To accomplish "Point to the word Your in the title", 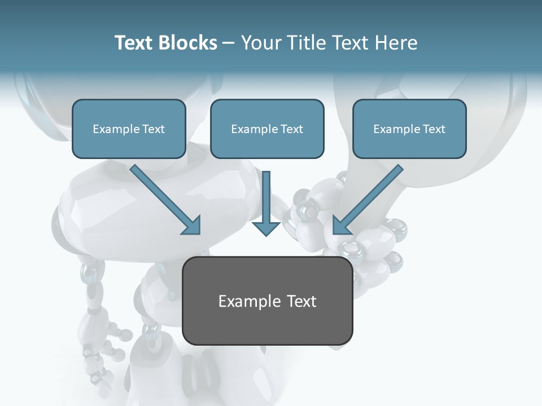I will (x=260, y=43).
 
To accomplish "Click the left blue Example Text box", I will (x=129, y=129).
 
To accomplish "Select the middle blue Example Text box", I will (x=267, y=129).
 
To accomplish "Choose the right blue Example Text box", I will (x=409, y=129).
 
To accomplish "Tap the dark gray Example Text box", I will (x=268, y=301).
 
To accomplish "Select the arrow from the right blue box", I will (x=370, y=197).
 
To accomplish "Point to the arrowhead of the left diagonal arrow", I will (x=193, y=226).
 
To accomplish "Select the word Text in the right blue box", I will (x=434, y=129).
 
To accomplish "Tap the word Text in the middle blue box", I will (x=291, y=129).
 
